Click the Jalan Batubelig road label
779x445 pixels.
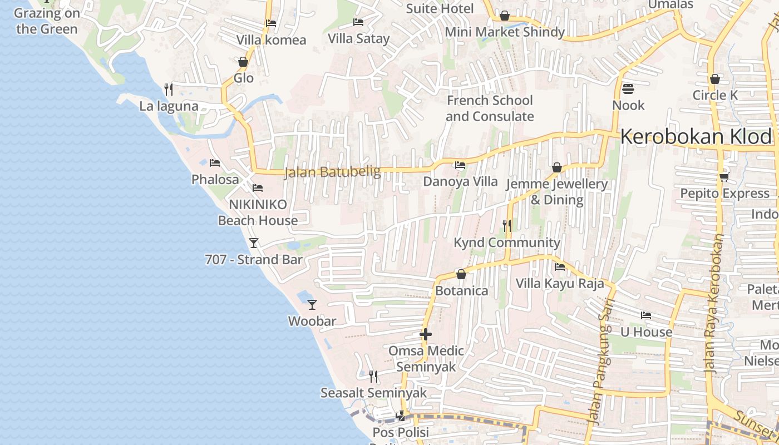point(332,172)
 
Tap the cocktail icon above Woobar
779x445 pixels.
point(312,304)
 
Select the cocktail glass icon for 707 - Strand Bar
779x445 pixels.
point(254,243)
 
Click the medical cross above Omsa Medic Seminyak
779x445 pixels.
point(426,334)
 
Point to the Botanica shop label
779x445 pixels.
point(461,291)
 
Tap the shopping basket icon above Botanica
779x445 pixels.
point(461,274)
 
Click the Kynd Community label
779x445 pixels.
point(506,243)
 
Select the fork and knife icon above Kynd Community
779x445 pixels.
point(506,225)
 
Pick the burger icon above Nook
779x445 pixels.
point(628,88)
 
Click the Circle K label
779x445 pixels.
point(715,95)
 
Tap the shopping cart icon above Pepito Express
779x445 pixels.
point(724,177)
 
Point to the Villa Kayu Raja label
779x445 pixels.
point(559,284)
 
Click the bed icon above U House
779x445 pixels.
point(645,315)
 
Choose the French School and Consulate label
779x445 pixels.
point(490,108)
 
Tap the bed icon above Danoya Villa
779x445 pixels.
point(460,165)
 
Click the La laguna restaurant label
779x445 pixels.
point(169,106)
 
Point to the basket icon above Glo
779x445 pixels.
point(243,61)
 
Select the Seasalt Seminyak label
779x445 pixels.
point(373,393)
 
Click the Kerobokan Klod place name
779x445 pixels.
point(696,136)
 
